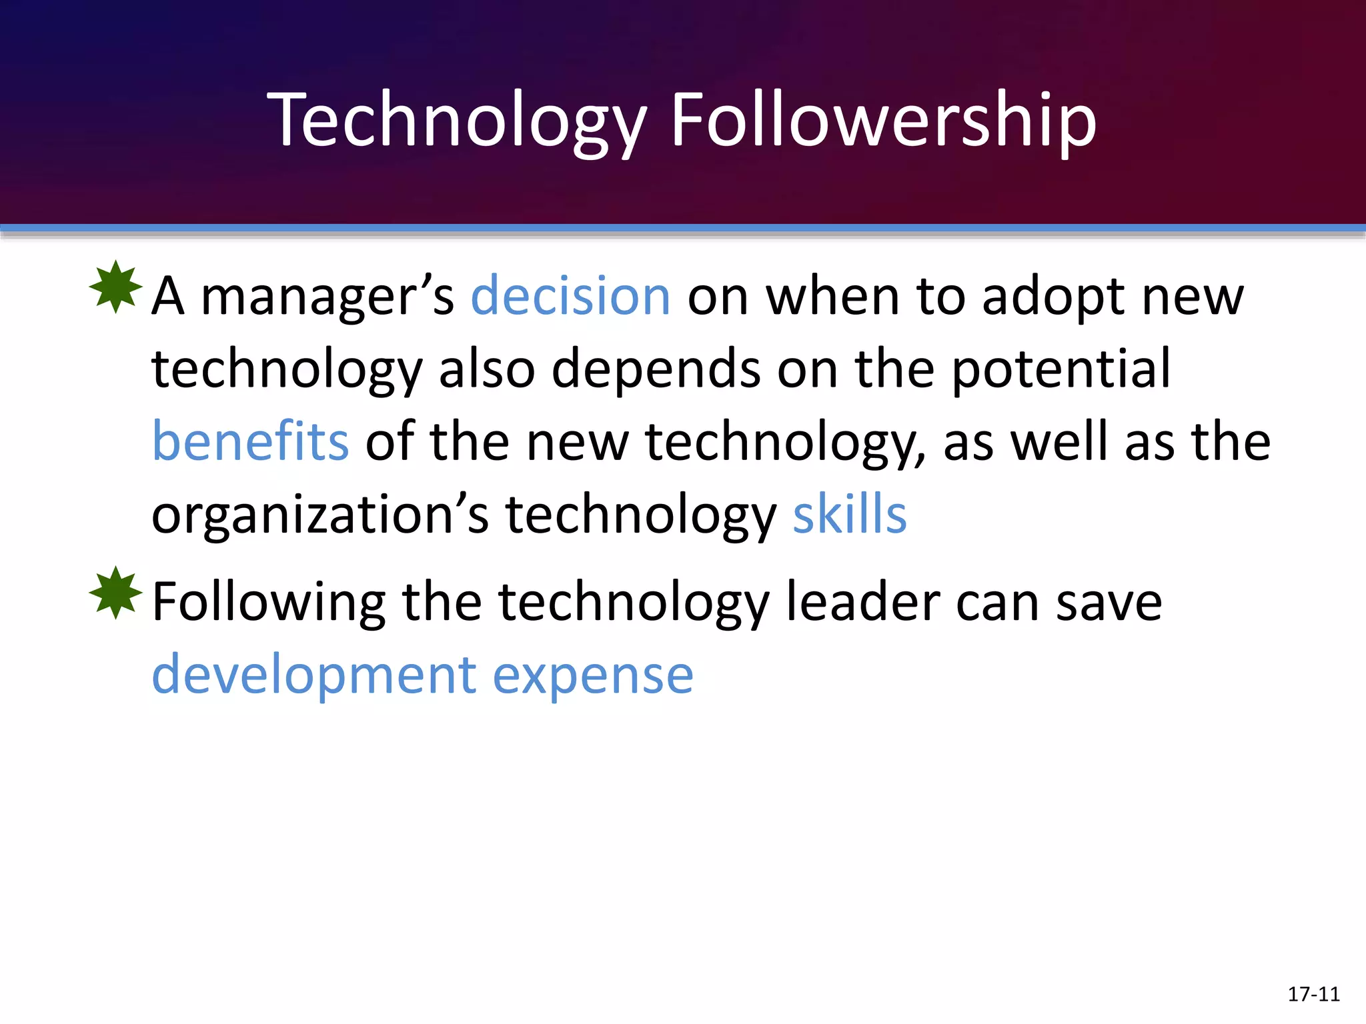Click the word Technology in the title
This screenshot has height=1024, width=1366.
458,121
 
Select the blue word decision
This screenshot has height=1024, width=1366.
570,296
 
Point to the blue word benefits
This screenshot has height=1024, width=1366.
251,441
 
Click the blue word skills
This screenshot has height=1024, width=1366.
850,515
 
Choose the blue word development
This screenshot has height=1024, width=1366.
314,675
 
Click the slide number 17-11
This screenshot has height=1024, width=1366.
1313,994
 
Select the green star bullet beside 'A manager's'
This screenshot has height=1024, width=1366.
116,287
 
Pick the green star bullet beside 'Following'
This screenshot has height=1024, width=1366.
116,593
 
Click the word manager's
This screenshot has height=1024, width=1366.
327,297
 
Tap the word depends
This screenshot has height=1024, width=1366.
656,369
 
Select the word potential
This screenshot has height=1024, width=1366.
1061,369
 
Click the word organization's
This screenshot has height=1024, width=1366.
320,516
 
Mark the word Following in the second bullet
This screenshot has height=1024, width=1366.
269,603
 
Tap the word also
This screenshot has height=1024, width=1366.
487,369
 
